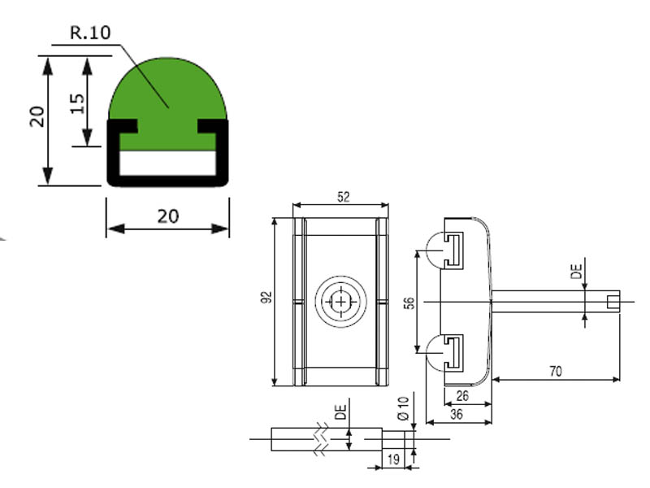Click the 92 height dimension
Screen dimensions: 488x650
[x=265, y=300]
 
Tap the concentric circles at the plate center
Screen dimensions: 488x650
[x=342, y=302]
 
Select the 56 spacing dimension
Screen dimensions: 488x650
[x=409, y=303]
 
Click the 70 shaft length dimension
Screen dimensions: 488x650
[x=557, y=372]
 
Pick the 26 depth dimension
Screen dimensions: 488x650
[x=462, y=396]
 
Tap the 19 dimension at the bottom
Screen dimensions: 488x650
[x=392, y=460]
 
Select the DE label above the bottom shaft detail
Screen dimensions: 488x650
[x=342, y=412]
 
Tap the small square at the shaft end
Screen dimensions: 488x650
[x=613, y=303]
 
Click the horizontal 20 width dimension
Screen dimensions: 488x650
[x=168, y=216]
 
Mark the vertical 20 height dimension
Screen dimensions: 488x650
[x=36, y=118]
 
